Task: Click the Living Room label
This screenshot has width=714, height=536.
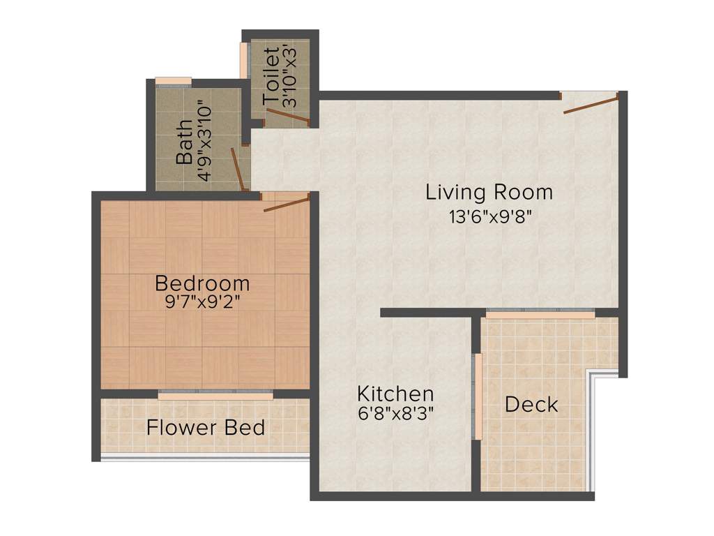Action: click(x=489, y=192)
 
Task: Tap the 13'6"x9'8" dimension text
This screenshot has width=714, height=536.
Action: click(x=491, y=216)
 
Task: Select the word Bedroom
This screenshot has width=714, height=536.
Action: click(x=202, y=283)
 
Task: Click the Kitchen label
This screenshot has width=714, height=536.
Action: click(x=395, y=393)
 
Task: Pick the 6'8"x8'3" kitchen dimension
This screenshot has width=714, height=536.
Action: click(x=395, y=412)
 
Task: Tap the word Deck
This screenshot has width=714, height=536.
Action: click(x=531, y=404)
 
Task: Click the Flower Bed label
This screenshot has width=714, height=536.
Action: click(x=206, y=427)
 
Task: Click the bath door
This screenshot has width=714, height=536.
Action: click(x=238, y=169)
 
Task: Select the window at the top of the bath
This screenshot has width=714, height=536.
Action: click(x=173, y=81)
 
